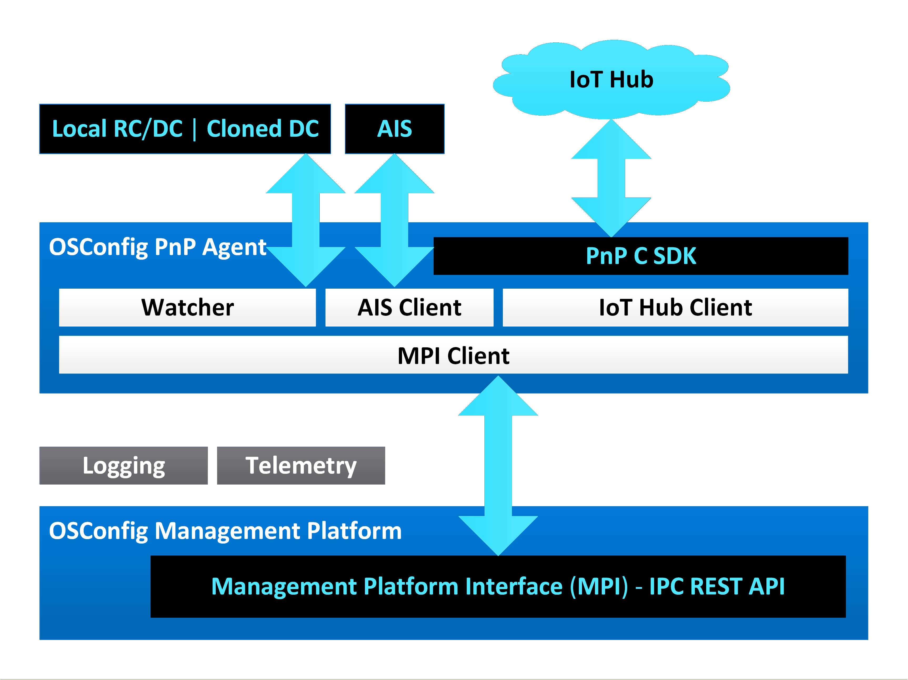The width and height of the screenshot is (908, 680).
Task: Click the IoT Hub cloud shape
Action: [x=611, y=80]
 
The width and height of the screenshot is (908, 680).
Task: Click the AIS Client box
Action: [x=409, y=307]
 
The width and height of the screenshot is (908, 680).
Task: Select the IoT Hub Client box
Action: [x=675, y=307]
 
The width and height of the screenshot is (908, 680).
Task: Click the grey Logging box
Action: [x=124, y=466]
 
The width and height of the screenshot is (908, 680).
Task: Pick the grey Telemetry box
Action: [x=301, y=466]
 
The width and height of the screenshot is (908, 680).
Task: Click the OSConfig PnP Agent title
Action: [x=158, y=247]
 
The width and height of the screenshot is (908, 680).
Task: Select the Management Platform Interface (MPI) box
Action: [x=498, y=586]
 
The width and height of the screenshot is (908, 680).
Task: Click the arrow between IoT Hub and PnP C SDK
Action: [x=611, y=178]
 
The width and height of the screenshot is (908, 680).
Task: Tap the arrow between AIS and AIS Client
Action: [x=394, y=220]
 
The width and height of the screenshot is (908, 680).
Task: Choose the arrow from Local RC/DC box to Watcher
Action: [x=305, y=220]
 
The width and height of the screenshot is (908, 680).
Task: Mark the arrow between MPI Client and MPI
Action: [x=498, y=466]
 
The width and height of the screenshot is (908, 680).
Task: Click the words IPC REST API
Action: [x=717, y=586]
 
